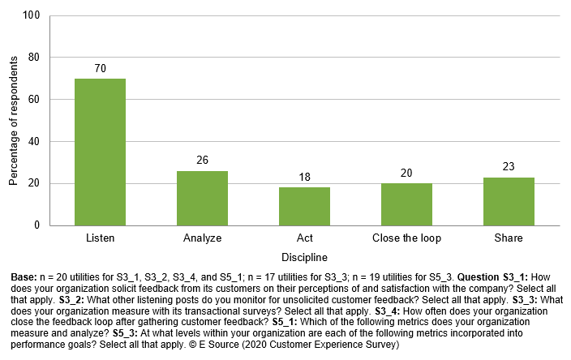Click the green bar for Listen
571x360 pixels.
pos(100,152)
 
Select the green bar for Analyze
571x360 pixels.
pos(202,198)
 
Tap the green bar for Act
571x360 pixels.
pos(304,206)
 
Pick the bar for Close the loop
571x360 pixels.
pos(406,204)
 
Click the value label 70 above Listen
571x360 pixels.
pos(100,70)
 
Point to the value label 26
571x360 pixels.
pos(202,161)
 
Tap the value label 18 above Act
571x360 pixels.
pos(304,178)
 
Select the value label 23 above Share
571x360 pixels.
pos(509,167)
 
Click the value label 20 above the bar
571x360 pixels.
pos(406,174)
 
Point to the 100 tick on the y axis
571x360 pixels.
pos(31,15)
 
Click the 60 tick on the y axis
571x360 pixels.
pos(34,100)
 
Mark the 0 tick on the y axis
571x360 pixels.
pos(37,225)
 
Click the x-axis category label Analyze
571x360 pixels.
pos(202,238)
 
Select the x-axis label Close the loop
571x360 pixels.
pos(406,238)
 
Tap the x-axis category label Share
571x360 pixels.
pos(509,238)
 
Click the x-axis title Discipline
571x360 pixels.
pos(304,258)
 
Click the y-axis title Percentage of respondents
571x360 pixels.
pos(13,120)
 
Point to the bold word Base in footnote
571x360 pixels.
pos(24,277)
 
